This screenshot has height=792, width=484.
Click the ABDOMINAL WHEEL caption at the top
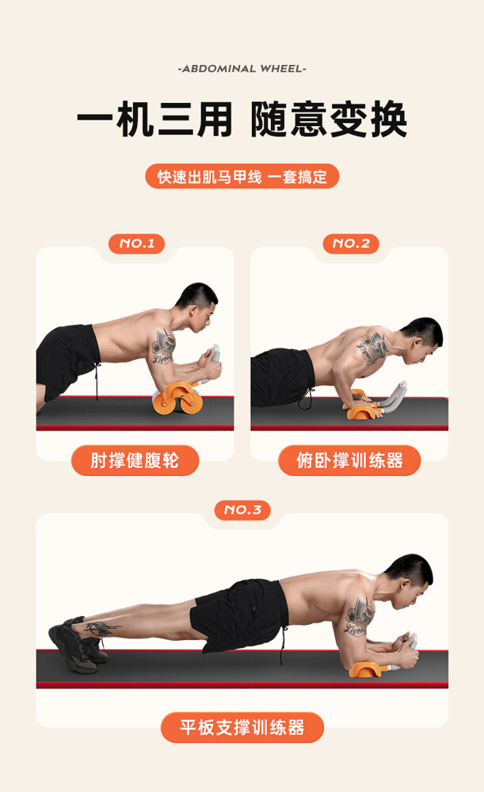242,69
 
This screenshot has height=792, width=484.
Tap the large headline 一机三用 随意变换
242,120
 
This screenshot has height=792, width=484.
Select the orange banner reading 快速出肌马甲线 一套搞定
242,177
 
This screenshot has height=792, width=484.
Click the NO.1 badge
136,243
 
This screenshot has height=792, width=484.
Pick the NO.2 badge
351,243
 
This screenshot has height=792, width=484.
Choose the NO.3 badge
242,509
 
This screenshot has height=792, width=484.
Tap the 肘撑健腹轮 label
135,460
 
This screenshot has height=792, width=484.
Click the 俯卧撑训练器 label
349,460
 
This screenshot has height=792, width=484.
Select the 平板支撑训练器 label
242,727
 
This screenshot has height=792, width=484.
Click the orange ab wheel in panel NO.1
177,398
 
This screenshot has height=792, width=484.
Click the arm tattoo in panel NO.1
164,347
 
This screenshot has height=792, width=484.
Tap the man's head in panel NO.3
411,580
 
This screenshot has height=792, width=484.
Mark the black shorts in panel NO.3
240,614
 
